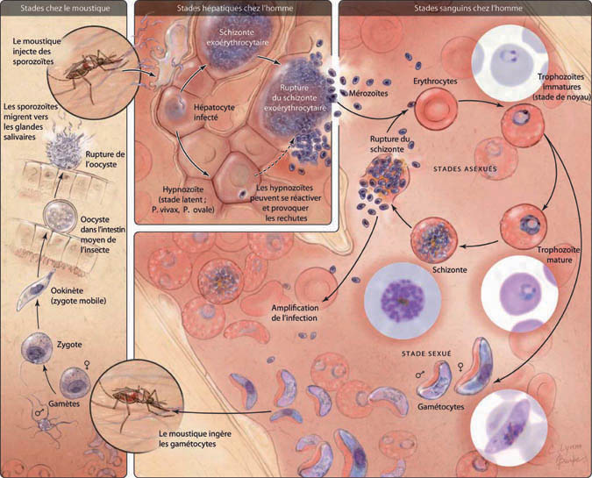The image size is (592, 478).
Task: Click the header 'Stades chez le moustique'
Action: [x=64, y=8]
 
